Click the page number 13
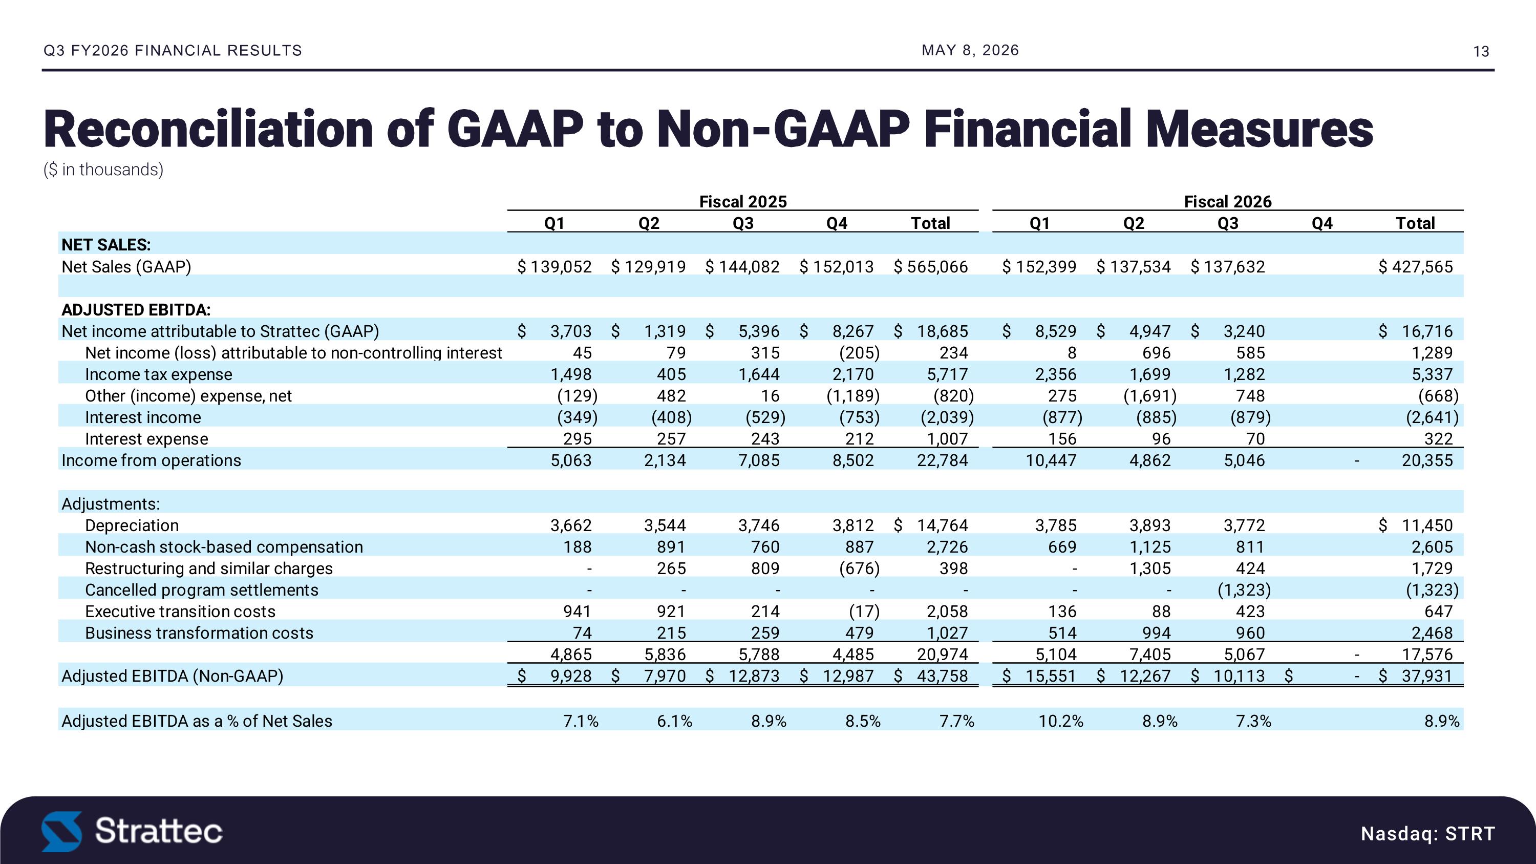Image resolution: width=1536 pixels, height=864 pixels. tap(1481, 52)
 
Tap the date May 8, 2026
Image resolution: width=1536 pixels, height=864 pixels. tap(970, 50)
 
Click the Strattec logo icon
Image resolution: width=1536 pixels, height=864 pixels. tap(61, 831)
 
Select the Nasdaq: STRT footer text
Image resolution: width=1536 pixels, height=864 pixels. tap(1428, 833)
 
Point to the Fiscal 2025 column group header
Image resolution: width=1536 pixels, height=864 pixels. tap(743, 202)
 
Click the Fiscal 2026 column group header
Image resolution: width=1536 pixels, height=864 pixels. tap(1228, 202)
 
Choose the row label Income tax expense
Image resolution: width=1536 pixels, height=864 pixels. tap(159, 374)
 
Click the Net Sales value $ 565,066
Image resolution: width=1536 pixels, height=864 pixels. tap(931, 266)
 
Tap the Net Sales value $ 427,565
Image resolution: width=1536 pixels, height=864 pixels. tap(1416, 266)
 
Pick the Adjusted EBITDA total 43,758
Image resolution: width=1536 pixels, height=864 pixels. tap(943, 676)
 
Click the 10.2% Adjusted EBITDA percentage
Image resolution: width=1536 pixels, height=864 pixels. tap(1061, 721)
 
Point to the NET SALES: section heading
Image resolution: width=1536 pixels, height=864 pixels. tap(106, 245)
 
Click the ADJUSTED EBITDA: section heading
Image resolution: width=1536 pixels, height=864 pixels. tap(136, 310)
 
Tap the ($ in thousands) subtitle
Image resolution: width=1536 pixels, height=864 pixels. tap(103, 170)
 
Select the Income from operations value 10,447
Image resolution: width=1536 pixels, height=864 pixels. tap(1051, 460)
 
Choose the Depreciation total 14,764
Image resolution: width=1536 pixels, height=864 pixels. tap(943, 525)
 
